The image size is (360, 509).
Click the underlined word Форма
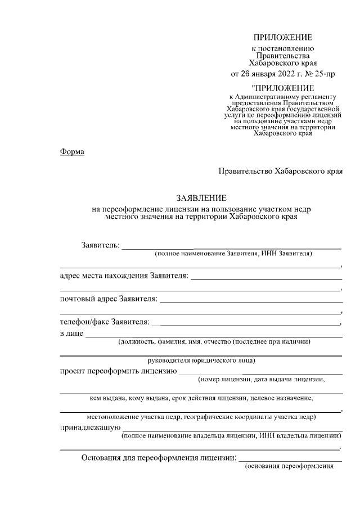click(71, 152)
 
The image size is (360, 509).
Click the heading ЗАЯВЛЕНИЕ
click(201, 198)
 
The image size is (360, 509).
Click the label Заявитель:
click(100, 245)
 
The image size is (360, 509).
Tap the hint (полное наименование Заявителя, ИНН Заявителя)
click(234, 254)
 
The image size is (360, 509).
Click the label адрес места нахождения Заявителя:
click(124, 275)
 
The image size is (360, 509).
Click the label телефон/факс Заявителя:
click(105, 322)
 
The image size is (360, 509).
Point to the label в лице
click(71, 334)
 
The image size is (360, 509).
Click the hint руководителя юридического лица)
click(201, 360)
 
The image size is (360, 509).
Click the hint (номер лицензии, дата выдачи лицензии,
click(261, 380)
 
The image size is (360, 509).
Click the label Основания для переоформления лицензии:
click(160, 457)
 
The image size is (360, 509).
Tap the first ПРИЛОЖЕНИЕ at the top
click(282, 38)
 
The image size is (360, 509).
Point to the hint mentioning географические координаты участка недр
click(201, 417)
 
